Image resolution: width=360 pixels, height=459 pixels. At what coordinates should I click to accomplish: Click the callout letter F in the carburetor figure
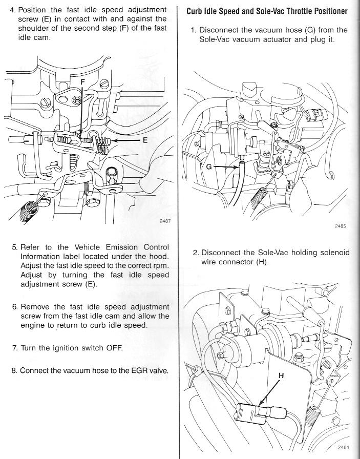point(83,82)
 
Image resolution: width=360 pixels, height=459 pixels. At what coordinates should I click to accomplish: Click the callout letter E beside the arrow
point(145,139)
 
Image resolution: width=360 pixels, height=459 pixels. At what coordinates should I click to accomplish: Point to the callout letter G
point(209,168)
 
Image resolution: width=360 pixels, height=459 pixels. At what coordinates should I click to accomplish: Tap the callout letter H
point(281,375)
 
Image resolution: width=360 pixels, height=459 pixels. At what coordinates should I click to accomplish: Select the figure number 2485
point(341,226)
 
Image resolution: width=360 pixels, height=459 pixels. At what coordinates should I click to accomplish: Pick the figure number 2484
point(344,446)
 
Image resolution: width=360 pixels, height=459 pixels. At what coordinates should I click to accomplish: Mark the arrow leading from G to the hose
point(227,166)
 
